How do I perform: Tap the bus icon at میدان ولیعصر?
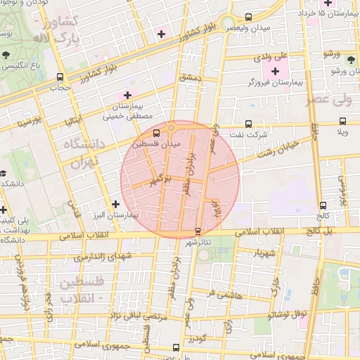247,17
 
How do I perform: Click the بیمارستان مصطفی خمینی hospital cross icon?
127,96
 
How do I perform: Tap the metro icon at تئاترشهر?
197,231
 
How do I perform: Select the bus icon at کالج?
323,205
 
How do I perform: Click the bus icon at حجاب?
60,77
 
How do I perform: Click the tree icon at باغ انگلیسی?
6,53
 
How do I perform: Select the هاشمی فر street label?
226,296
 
